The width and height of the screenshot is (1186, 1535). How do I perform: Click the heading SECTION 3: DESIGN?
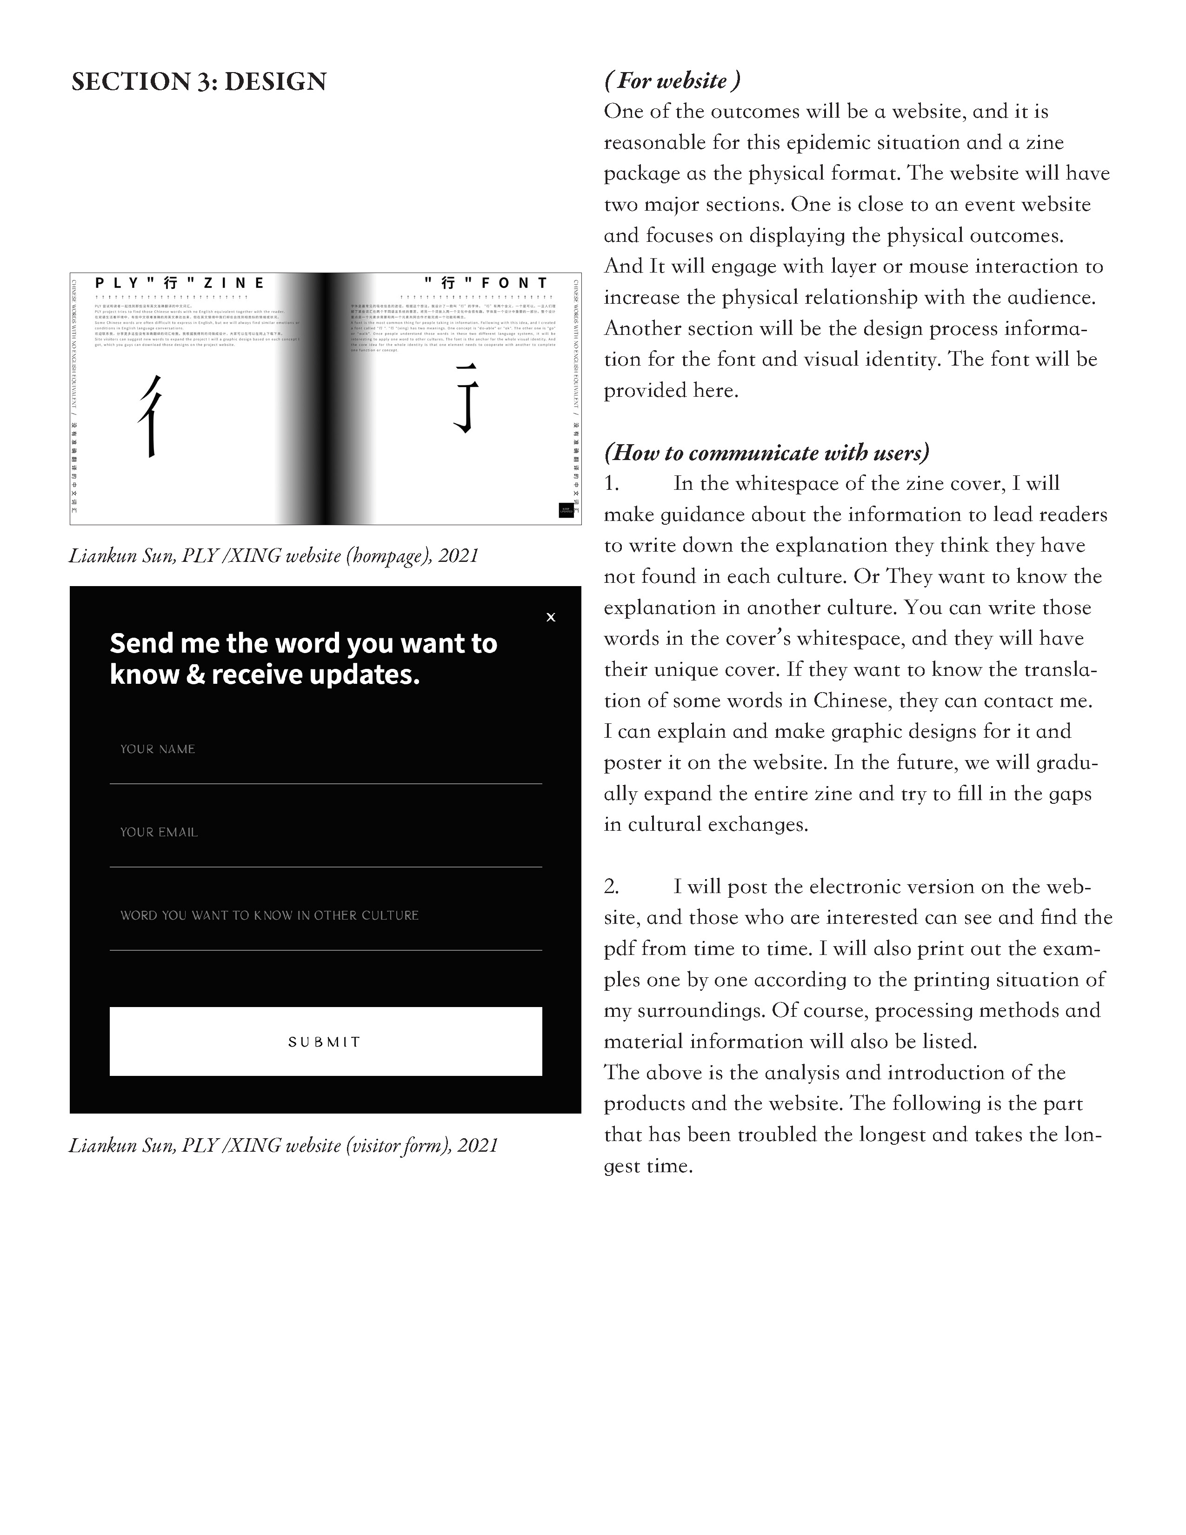(x=199, y=81)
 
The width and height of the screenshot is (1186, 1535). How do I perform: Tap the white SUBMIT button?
(x=325, y=1041)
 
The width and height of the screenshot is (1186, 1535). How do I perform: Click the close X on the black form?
(x=551, y=617)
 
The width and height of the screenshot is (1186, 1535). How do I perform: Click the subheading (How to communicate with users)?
(x=766, y=453)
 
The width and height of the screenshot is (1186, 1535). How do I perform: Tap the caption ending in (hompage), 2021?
(x=274, y=556)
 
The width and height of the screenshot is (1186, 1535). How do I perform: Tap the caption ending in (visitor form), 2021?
(x=283, y=1146)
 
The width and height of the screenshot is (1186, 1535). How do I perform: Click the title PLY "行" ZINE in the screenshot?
(x=180, y=283)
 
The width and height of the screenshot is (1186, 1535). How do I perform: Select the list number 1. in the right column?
(x=611, y=484)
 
